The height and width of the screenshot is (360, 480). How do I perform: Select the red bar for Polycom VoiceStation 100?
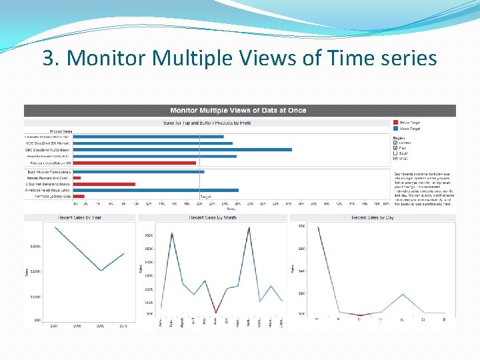(x=134, y=163)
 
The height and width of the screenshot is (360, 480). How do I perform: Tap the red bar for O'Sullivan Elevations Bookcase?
(x=104, y=184)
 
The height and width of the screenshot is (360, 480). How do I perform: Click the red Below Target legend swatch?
(x=396, y=123)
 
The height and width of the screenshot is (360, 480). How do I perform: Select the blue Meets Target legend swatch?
(x=396, y=128)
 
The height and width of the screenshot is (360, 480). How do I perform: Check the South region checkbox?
(x=396, y=153)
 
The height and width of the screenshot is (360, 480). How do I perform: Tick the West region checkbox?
(x=396, y=158)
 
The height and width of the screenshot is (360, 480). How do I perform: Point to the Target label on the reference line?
(x=206, y=197)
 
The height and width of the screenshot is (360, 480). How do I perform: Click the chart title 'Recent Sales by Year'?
(x=79, y=217)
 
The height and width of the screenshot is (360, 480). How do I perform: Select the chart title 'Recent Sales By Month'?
(x=212, y=217)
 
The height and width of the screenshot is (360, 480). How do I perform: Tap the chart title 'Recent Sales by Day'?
(x=372, y=217)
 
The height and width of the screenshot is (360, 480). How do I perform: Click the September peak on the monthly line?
(x=249, y=229)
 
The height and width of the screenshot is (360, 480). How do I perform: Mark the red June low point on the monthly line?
(x=215, y=313)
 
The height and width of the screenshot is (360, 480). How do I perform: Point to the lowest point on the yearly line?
(x=101, y=271)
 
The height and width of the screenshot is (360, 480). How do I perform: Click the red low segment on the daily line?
(x=360, y=315)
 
